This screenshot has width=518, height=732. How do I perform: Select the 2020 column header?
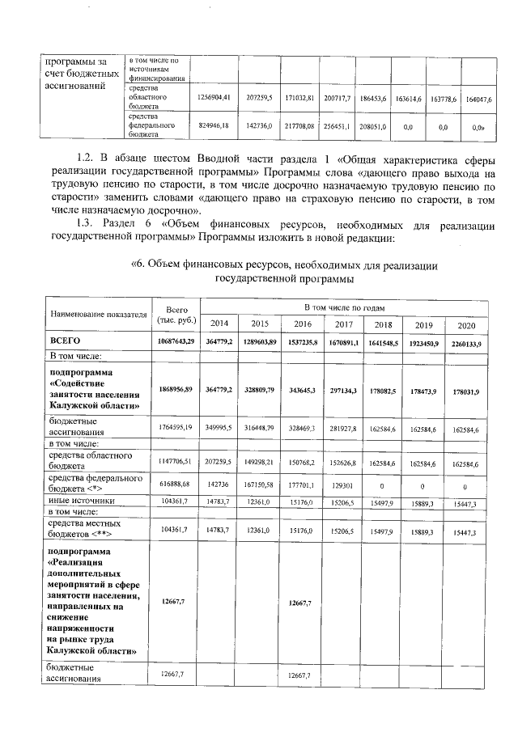(x=465, y=324)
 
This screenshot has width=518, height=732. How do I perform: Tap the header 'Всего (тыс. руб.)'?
(x=176, y=314)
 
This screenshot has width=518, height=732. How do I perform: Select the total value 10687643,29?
(x=176, y=342)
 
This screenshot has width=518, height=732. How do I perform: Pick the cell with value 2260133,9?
(x=465, y=342)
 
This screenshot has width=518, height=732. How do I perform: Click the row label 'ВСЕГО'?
(x=66, y=342)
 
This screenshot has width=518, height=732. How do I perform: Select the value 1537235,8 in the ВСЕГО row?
(x=301, y=342)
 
